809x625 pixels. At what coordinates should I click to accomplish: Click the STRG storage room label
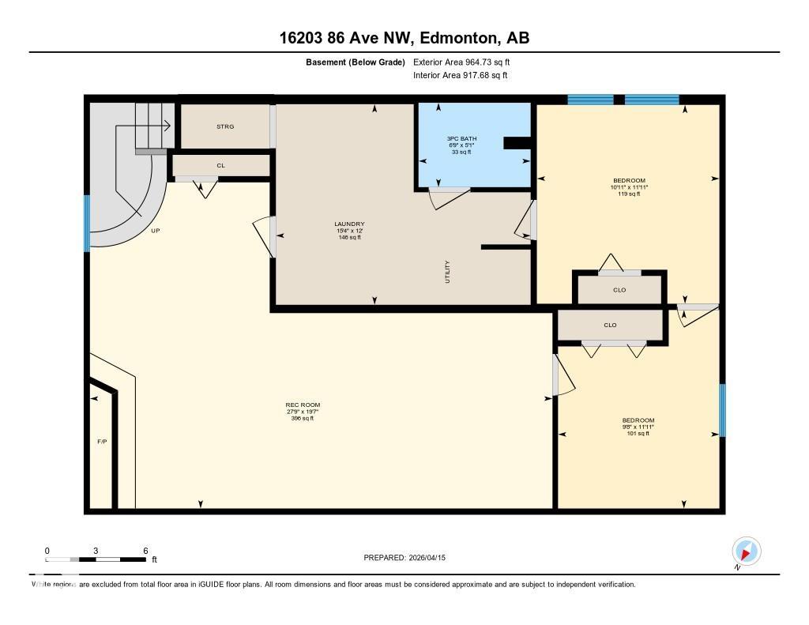click(x=225, y=126)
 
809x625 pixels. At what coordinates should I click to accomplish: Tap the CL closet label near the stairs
click(x=221, y=166)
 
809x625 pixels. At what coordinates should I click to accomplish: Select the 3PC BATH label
click(x=461, y=138)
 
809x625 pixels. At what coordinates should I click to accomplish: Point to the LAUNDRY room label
click(x=349, y=224)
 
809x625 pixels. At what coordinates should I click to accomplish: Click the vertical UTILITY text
click(x=447, y=272)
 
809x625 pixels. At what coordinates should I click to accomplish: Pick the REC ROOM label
click(x=303, y=405)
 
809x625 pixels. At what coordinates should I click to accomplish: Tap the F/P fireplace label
click(x=102, y=442)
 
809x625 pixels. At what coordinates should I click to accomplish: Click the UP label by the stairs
click(x=156, y=231)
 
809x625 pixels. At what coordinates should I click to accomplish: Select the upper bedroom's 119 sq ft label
click(x=629, y=194)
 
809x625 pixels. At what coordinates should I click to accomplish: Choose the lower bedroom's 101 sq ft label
click(x=638, y=434)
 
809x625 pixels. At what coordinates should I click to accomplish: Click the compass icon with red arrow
click(x=746, y=552)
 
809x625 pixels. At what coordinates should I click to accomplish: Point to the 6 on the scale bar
click(x=145, y=551)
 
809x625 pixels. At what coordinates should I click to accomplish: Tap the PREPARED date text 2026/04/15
click(x=427, y=557)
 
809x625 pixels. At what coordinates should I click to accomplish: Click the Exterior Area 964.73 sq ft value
click(x=487, y=62)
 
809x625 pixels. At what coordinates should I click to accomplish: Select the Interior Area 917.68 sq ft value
click(x=486, y=75)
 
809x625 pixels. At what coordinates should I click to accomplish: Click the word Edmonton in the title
click(x=460, y=38)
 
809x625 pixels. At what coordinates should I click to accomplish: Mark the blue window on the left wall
click(x=87, y=223)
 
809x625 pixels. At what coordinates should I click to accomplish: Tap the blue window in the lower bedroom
click(x=722, y=410)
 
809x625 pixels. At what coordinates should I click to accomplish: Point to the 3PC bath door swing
click(x=449, y=198)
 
